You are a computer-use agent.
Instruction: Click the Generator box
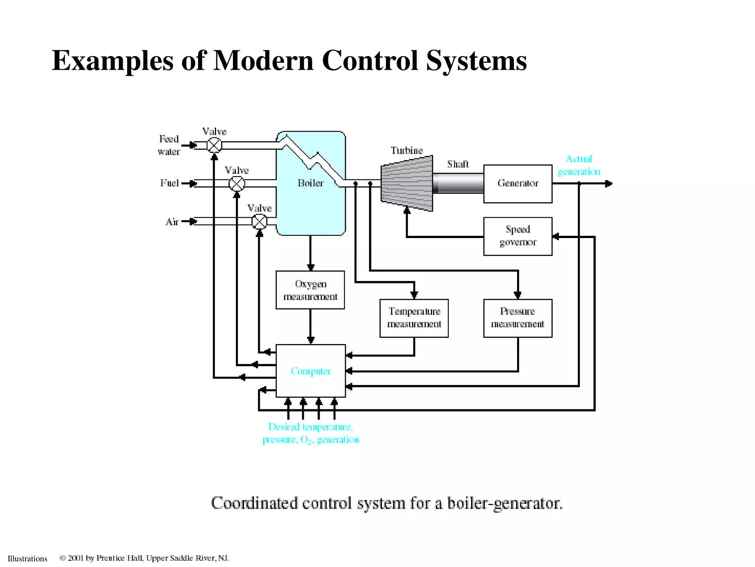[518, 183]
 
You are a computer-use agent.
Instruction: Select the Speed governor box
[518, 236]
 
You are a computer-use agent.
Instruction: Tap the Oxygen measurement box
[310, 290]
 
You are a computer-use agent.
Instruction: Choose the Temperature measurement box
[414, 318]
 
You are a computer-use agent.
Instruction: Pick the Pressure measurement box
[518, 318]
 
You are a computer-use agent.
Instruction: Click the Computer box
[310, 371]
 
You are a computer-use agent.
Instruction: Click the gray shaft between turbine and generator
[458, 183]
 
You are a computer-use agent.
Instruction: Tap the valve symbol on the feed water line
[214, 145]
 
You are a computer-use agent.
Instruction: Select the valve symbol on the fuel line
[237, 183]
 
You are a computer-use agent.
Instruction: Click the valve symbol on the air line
[259, 221]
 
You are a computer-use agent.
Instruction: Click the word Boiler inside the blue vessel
[310, 183]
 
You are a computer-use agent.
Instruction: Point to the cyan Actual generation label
[579, 165]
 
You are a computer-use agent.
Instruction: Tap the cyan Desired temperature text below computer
[310, 427]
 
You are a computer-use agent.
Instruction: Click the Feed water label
[169, 145]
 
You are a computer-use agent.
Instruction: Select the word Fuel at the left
[169, 183]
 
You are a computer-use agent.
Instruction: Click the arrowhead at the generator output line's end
[609, 183]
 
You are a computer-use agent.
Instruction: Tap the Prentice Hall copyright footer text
[144, 558]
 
